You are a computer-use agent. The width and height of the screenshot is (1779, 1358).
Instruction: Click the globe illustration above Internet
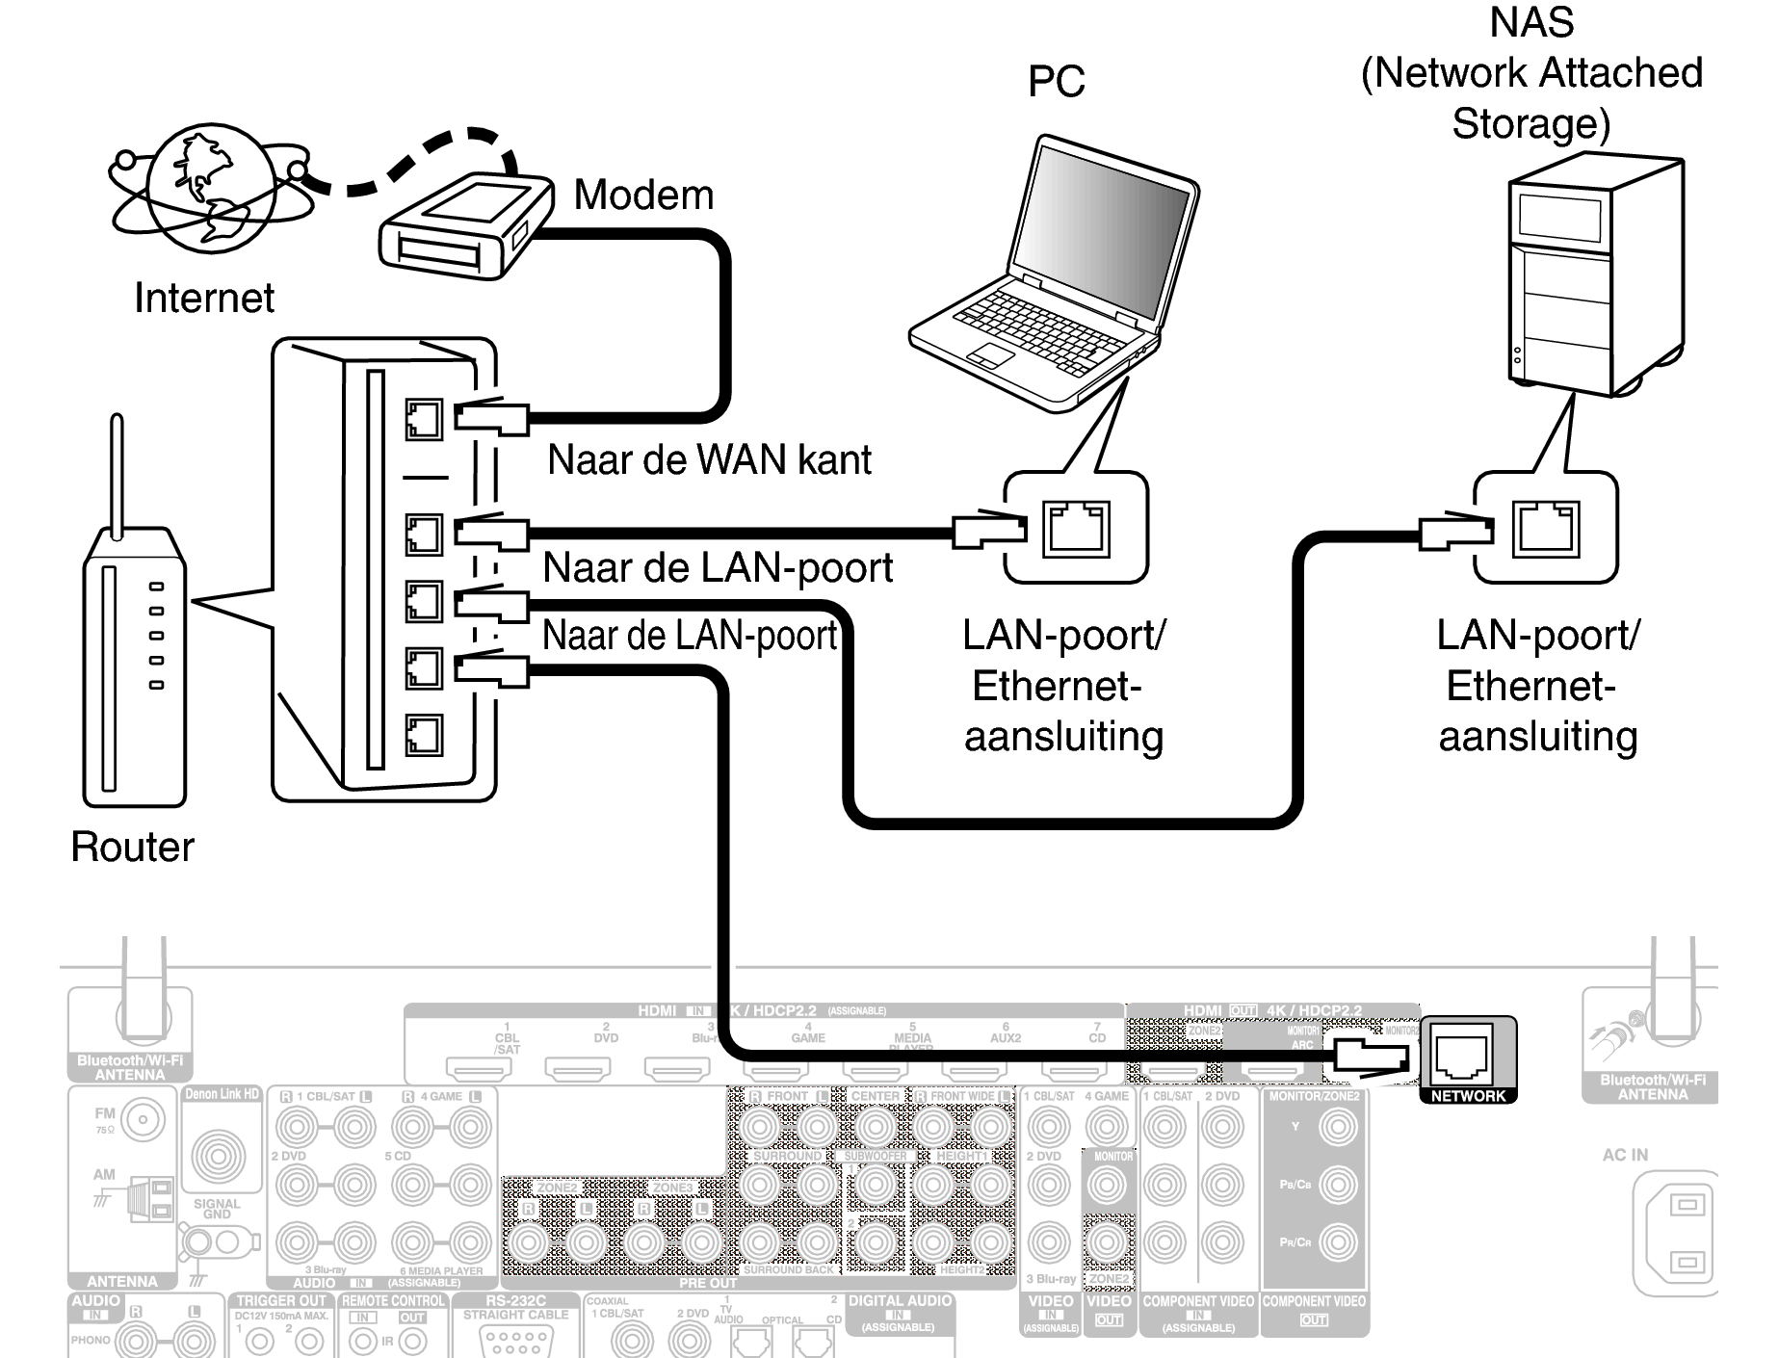coord(207,188)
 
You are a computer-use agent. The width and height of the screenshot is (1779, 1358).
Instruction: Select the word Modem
coord(643,196)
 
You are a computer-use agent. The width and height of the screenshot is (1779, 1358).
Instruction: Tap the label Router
coord(132,848)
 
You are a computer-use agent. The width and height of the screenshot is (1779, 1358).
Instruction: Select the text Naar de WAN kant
coord(709,460)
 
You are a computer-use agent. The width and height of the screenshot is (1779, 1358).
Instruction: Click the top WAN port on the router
coord(424,420)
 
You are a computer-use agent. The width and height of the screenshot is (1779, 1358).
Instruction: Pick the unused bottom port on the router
coord(424,736)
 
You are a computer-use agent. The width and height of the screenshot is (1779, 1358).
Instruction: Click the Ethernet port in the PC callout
coord(1076,529)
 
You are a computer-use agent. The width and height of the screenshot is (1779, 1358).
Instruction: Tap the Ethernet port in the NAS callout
coord(1546,529)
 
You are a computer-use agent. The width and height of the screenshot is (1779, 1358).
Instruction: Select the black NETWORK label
coord(1468,1096)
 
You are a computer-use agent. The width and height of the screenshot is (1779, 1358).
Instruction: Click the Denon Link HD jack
coord(219,1157)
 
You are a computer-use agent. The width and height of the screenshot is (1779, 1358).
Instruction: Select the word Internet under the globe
coord(203,298)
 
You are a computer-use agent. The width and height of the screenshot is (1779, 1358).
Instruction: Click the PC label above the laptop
coord(1056,82)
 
